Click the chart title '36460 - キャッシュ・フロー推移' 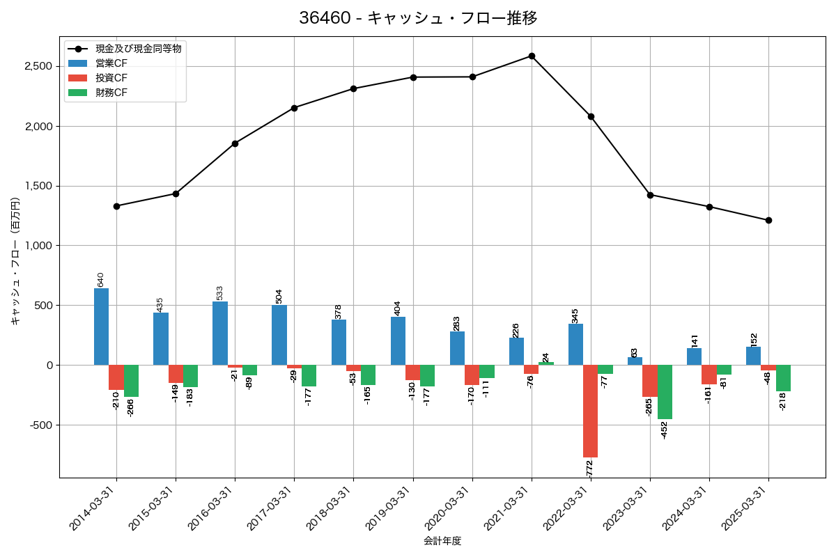tap(418, 18)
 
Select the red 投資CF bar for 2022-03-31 tap(591, 411)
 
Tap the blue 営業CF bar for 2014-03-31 tap(101, 327)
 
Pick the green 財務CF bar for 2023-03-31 tap(665, 392)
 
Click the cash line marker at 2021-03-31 tap(532, 56)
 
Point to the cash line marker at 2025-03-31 tap(768, 220)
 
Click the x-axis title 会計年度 tap(442, 541)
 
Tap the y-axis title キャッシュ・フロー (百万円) tap(15, 261)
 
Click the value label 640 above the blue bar tap(101, 279)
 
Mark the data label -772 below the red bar tap(589, 469)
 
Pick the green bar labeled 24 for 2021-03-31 tap(546, 363)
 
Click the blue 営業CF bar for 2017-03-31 tap(279, 335)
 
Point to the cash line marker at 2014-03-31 tap(116, 206)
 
